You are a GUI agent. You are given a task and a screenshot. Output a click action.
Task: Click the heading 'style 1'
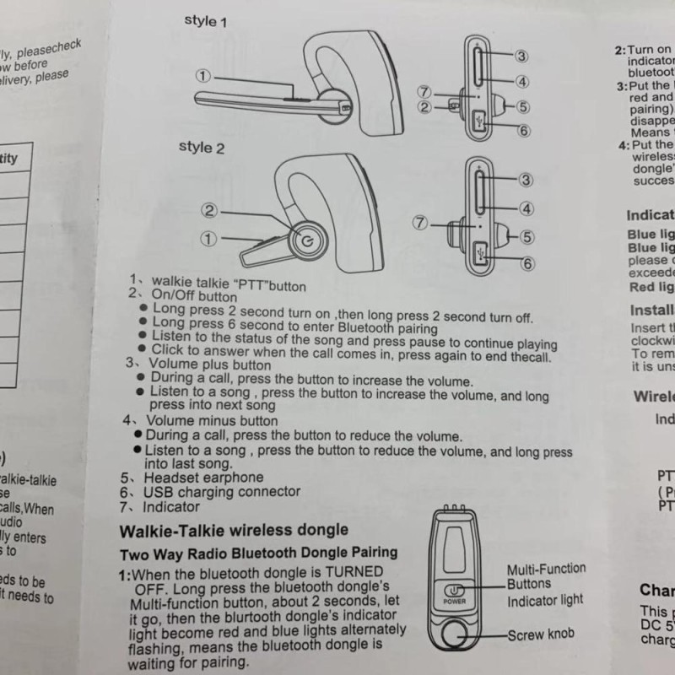206,21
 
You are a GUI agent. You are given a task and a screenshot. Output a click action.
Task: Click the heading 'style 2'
202,147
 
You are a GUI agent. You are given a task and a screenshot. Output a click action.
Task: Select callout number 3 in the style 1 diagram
521,56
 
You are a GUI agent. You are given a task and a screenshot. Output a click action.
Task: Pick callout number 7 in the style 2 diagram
421,224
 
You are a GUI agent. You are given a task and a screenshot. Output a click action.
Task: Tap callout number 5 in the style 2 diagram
527,237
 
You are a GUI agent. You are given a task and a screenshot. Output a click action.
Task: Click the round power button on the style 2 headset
305,241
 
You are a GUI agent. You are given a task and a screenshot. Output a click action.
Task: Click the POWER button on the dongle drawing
454,593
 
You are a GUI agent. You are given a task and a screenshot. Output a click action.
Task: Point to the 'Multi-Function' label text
546,570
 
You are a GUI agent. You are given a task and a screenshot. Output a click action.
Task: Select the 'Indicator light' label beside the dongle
545,600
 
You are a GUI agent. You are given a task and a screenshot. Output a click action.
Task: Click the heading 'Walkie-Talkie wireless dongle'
233,531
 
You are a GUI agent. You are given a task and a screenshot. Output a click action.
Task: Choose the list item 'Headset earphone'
203,478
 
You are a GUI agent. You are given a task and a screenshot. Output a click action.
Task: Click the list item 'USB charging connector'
221,492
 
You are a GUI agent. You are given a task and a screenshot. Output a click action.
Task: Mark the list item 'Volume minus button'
212,420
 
